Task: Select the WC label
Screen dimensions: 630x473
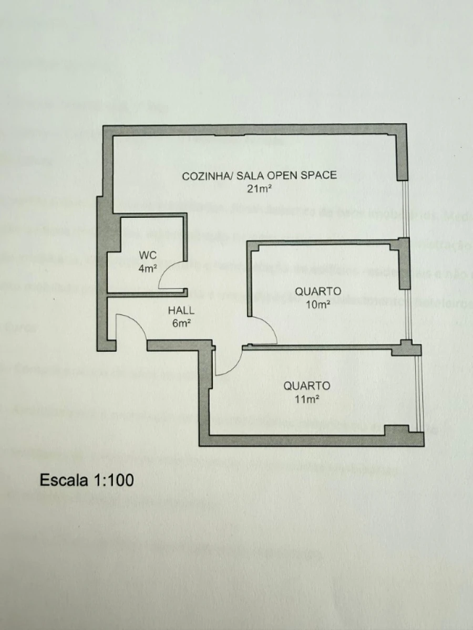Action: tap(147, 255)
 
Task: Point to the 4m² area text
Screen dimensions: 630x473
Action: tap(148, 268)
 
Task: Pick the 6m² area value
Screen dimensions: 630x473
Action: tap(181, 323)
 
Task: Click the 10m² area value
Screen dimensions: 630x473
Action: tap(318, 304)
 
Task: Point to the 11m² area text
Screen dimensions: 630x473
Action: tap(307, 399)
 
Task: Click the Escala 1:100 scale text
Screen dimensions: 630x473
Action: tap(87, 479)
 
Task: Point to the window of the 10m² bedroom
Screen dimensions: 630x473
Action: tap(407, 315)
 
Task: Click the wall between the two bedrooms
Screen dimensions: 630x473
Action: tap(326, 346)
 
